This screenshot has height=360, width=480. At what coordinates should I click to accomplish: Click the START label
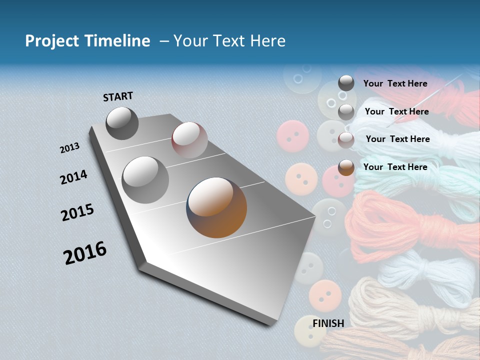point(118,96)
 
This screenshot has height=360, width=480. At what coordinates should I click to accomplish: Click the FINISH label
point(328,323)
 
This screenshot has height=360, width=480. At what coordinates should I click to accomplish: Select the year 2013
point(70,148)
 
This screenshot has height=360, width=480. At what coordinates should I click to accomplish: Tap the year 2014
point(73,177)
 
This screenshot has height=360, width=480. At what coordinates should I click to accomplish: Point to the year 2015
point(77,212)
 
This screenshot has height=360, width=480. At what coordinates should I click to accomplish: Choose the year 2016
point(85,253)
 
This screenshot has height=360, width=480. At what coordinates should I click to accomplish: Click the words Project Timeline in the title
point(87,41)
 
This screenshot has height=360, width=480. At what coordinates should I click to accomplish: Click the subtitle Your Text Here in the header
point(229,41)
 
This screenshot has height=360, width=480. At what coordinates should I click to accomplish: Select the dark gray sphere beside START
point(122,123)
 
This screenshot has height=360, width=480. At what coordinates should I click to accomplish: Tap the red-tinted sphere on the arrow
point(189,139)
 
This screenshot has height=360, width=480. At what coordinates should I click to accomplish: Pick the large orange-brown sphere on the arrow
point(216,207)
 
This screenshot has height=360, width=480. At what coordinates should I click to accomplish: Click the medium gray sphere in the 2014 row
point(145,179)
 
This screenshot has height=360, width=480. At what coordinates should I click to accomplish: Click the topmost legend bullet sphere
point(346,83)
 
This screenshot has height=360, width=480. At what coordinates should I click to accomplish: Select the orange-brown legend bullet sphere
point(346,167)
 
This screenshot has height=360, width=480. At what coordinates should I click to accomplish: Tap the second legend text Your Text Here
point(396,111)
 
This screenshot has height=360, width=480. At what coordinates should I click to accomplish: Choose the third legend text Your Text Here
point(397,139)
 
